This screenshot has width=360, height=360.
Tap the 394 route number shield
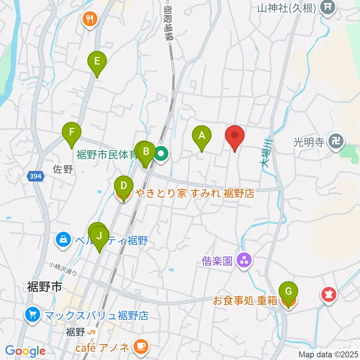(x=36, y=175)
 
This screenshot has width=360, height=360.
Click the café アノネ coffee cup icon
(x=141, y=346)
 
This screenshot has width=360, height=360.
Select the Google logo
(x=25, y=351)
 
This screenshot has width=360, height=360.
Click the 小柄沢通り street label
(x=63, y=268)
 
